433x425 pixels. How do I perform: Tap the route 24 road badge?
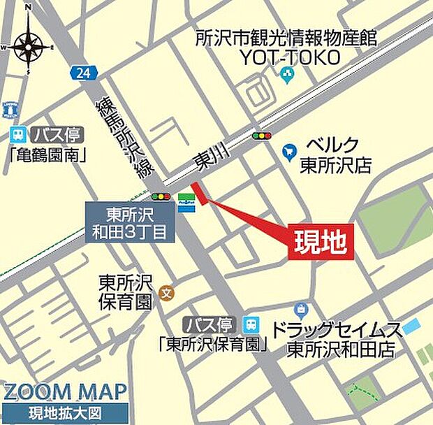(81, 71)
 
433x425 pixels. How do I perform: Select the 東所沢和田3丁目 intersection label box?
(130, 222)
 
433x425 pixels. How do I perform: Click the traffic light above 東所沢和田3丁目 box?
(161, 197)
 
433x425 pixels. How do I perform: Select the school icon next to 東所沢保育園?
(166, 292)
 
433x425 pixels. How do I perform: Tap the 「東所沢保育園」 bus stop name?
(213, 343)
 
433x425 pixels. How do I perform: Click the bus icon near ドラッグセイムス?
(251, 324)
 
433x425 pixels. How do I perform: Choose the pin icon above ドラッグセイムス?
(302, 308)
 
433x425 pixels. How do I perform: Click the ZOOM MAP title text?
(64, 391)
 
